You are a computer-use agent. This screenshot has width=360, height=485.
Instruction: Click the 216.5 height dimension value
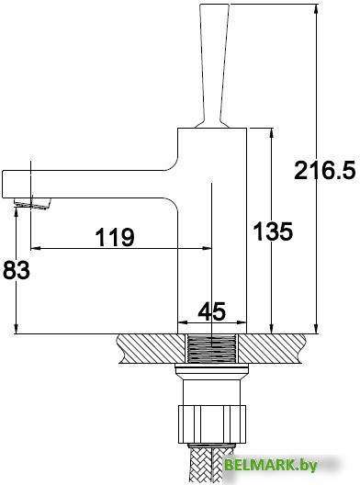(x=325, y=171)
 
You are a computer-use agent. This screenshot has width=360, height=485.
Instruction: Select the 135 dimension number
(x=273, y=231)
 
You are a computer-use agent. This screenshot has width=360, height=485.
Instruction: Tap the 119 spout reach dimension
(x=115, y=237)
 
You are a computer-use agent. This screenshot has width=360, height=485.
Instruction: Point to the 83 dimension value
(x=17, y=270)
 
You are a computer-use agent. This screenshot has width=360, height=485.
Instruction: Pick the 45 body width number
(x=212, y=311)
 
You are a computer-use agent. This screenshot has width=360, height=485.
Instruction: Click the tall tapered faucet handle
(x=215, y=65)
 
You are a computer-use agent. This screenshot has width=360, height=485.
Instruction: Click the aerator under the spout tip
(x=32, y=204)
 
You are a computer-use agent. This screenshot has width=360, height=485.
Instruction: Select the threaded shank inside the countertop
(x=212, y=348)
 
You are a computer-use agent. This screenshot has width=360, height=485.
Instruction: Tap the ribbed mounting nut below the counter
(x=212, y=424)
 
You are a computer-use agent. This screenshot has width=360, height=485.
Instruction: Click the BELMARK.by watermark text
(x=271, y=465)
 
